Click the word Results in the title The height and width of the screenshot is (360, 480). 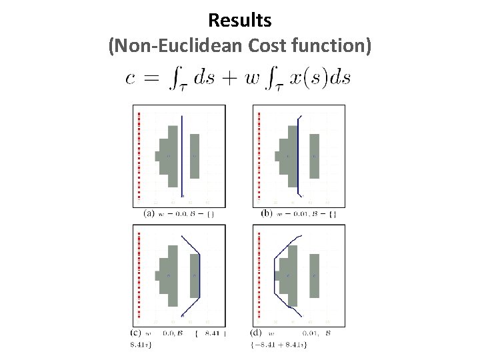(x=239, y=21)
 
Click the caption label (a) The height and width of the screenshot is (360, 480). (x=149, y=213)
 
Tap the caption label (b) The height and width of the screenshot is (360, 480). (x=267, y=213)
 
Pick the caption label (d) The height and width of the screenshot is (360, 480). (x=255, y=333)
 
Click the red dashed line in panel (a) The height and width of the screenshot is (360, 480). (x=139, y=156)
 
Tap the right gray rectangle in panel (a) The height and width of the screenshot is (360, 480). (x=195, y=156)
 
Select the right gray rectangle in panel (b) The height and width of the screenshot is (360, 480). (x=314, y=156)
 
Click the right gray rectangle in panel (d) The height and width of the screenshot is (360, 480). (x=314, y=275)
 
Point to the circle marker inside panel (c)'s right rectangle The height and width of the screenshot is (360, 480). (x=195, y=275)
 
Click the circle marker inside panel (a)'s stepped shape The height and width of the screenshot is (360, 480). (x=169, y=157)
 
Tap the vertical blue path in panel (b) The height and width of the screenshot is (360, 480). (x=298, y=156)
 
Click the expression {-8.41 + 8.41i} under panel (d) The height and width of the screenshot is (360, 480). (x=278, y=344)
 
